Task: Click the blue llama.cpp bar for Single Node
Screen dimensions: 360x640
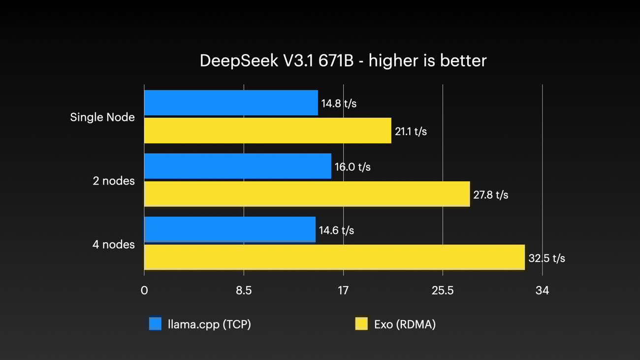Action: coord(231,103)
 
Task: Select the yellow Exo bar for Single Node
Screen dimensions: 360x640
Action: coord(267,131)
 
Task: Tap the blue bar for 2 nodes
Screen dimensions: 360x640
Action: coord(237,166)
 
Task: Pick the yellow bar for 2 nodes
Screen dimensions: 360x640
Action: coord(307,194)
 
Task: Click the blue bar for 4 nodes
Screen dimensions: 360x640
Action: coord(229,229)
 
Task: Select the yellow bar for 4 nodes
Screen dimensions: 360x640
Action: coord(334,258)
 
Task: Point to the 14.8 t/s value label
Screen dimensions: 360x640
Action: coord(339,103)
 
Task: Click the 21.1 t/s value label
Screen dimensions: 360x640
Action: coord(411,131)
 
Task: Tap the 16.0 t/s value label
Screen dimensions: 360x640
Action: coord(352,167)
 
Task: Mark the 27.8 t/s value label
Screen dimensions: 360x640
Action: coord(490,195)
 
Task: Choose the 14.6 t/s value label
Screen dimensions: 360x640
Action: coord(336,230)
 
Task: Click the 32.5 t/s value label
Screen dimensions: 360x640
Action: coord(546,259)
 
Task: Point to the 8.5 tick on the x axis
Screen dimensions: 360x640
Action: coord(244,291)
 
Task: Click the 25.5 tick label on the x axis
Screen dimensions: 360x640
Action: coord(443,291)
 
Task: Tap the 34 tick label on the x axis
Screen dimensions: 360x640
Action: coord(542,291)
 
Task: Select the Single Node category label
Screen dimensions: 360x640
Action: coord(102,117)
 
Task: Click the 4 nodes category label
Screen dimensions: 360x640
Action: coord(114,244)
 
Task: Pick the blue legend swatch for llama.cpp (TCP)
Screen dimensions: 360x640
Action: coord(155,324)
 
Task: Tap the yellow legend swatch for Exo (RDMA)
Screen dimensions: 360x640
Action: coord(361,324)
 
